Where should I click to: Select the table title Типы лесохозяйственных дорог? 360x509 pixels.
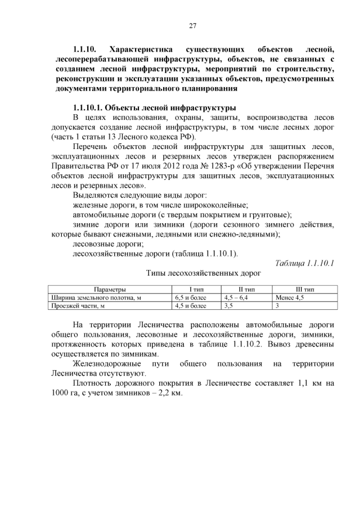pos(204,274)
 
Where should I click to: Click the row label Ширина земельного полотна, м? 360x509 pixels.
pos(96,298)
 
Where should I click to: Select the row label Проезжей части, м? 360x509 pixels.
pos(78,306)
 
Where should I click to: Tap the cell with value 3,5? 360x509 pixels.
pos(229,306)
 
